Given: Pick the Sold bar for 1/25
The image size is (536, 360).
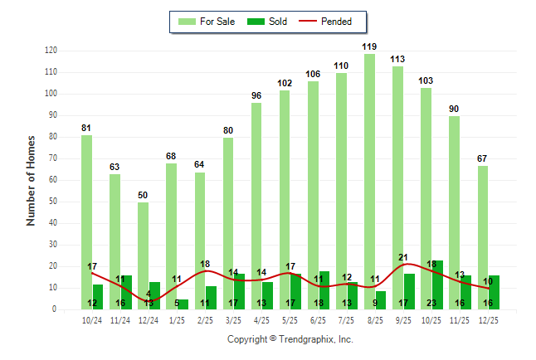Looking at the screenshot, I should point(183,304).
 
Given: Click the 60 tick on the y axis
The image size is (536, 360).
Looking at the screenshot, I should point(53,180).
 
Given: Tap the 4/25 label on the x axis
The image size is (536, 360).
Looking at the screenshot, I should point(261,320).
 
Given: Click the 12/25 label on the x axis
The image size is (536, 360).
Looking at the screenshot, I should point(488,320).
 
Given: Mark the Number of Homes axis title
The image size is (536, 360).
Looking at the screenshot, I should point(31,180).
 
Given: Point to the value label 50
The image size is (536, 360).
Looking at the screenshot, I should point(143,196).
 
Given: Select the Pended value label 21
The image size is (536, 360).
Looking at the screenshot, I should point(404,257).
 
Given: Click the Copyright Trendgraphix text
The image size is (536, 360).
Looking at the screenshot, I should point(290,339).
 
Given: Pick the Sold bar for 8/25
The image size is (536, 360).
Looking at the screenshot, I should point(380,299).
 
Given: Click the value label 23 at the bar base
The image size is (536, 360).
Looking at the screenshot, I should point(432,304).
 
